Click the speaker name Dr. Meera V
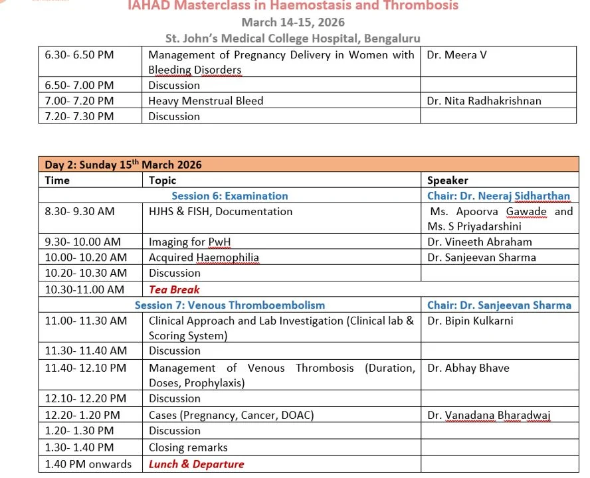pyautogui.click(x=457, y=55)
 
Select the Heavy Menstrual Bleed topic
pyautogui.click(x=206, y=101)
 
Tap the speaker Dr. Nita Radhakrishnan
pyautogui.click(x=484, y=101)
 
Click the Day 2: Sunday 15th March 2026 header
pyautogui.click(x=124, y=165)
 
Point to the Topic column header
pyautogui.click(x=163, y=180)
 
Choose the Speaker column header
pyautogui.click(x=448, y=180)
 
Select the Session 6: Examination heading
pyautogui.click(x=230, y=196)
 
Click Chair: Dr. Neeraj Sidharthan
pyautogui.click(x=498, y=196)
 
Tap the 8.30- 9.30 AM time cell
pyautogui.click(x=80, y=211)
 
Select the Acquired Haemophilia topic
pyautogui.click(x=204, y=257)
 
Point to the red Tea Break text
pyautogui.click(x=174, y=289)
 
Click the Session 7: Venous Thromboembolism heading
pyautogui.click(x=230, y=305)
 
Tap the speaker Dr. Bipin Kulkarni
pyautogui.click(x=470, y=321)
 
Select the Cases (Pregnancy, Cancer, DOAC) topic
pyautogui.click(x=231, y=415)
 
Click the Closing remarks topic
pyautogui.click(x=188, y=447)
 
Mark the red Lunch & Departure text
pyautogui.click(x=196, y=464)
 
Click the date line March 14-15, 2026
pyautogui.click(x=293, y=22)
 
